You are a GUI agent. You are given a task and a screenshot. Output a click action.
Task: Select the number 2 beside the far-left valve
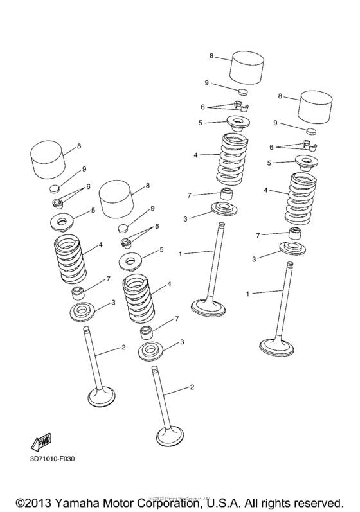point(122,348)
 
